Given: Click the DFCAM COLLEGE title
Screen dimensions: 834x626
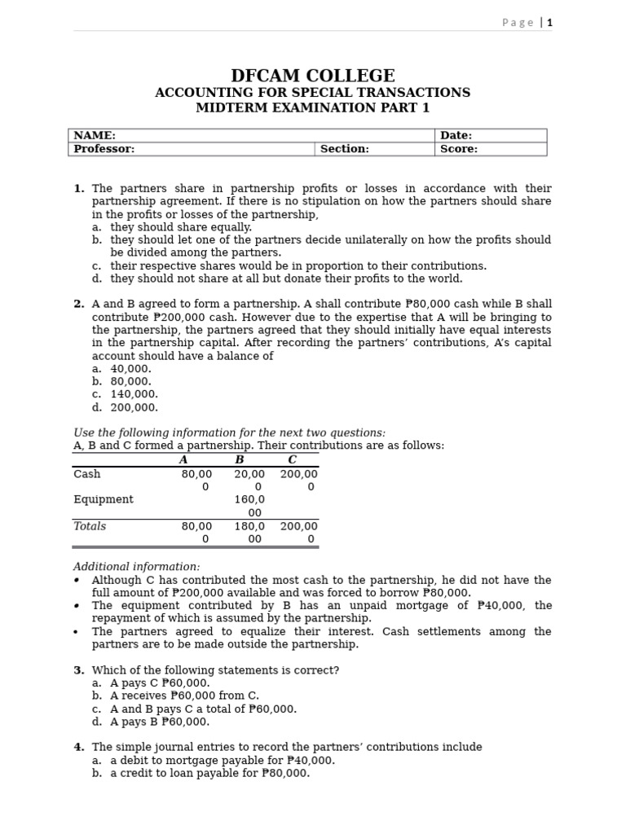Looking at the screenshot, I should [x=313, y=76].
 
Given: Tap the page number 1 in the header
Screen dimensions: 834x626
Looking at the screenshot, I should [x=549, y=23].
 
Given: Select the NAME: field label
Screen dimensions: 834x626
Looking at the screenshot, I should [x=95, y=135].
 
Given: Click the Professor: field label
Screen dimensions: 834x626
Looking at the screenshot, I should [x=104, y=149].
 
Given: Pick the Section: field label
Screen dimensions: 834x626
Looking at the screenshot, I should [x=344, y=149].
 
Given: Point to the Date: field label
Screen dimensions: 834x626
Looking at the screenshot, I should [x=456, y=135].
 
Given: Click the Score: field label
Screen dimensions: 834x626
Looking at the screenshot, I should [x=458, y=149].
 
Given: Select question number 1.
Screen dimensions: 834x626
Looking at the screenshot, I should [x=79, y=188].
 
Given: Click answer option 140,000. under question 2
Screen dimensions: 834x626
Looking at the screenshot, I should [x=134, y=394].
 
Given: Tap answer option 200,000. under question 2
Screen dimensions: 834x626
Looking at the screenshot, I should [x=134, y=407].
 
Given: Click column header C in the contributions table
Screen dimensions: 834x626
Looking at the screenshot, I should [x=292, y=460].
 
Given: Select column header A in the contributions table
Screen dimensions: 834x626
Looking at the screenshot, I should [x=183, y=460].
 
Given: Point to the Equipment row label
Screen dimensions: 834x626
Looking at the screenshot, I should [x=104, y=499].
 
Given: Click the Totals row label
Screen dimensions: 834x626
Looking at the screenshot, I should [x=90, y=526].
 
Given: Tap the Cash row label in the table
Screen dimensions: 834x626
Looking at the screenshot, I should [x=87, y=474].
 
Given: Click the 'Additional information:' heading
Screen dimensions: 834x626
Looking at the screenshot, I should [x=136, y=567].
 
